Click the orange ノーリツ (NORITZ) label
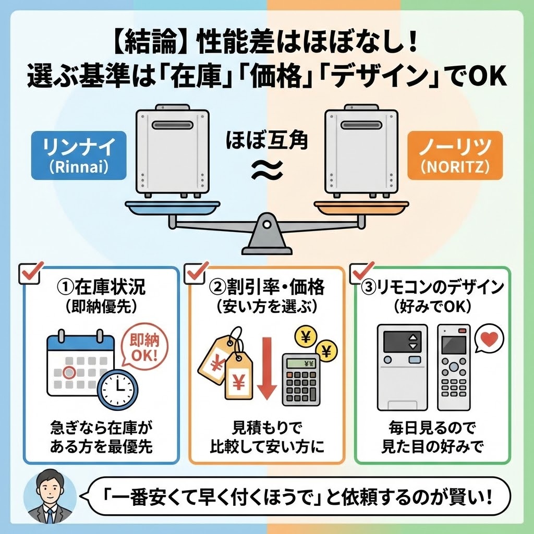(454, 155)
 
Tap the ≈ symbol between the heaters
(267, 168)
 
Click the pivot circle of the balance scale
(266, 224)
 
